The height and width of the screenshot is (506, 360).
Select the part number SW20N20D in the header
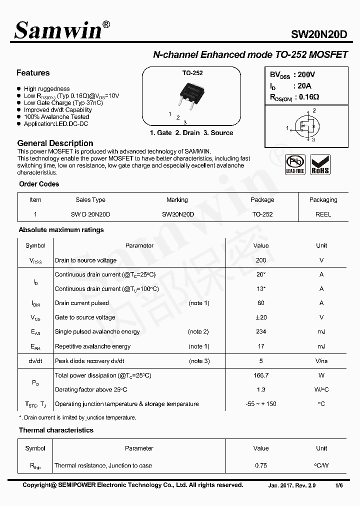[318, 34]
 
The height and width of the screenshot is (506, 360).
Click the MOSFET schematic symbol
[305, 125]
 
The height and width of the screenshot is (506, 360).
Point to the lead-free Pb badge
[294, 164]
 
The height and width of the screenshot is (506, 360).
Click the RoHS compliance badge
[320, 164]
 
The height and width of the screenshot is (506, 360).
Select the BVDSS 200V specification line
[292, 74]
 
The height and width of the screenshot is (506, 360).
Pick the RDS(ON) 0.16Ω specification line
[294, 97]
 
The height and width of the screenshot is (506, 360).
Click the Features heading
[33, 73]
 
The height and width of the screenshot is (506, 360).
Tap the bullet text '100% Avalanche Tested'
[56, 116]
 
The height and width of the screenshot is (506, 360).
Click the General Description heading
[55, 143]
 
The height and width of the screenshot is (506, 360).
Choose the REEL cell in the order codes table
[323, 214]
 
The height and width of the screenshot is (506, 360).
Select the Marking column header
[177, 200]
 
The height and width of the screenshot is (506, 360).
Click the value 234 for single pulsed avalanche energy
[260, 331]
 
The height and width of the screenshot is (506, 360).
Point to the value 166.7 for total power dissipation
[260, 375]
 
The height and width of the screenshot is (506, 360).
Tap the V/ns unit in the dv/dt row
[321, 361]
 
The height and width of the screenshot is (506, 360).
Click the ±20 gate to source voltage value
[260, 317]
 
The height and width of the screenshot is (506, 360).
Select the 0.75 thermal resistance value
[260, 465]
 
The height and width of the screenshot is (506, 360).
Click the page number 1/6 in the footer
[339, 485]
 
